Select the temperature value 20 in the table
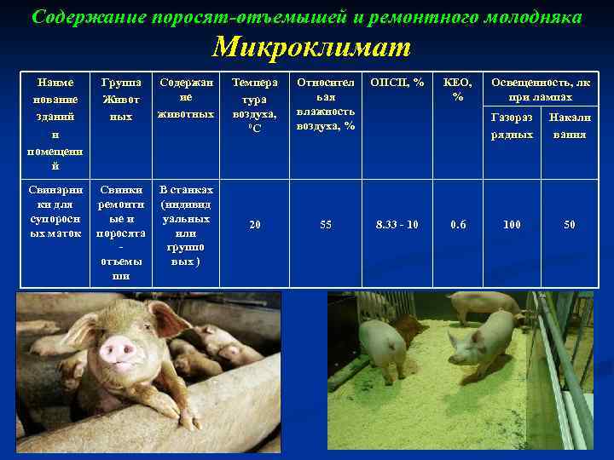[255, 225]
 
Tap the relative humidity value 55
[326, 225]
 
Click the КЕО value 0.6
[459, 225]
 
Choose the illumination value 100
[512, 225]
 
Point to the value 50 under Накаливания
[570, 225]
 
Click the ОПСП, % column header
[397, 83]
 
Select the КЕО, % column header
[459, 89]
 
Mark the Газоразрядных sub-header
[512, 125]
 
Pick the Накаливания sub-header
[570, 125]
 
